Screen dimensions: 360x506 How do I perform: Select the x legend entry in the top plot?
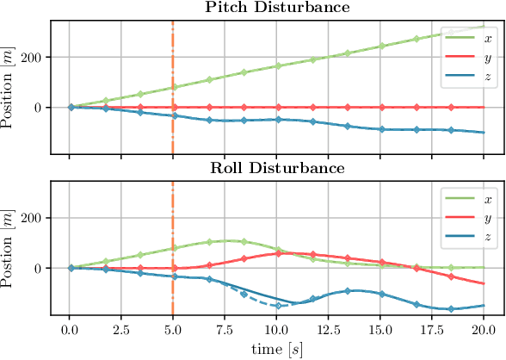point(470,39)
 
